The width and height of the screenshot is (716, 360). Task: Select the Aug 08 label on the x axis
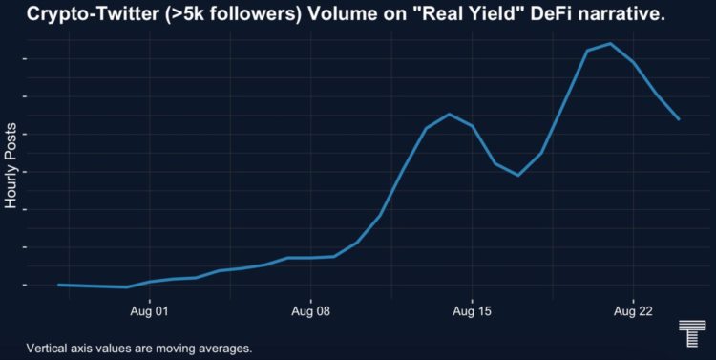pyautogui.click(x=310, y=311)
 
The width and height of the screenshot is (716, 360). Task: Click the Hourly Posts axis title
pyautogui.click(x=11, y=166)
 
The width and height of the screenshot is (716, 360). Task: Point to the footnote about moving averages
pyautogui.click(x=139, y=348)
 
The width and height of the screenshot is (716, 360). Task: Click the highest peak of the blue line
pyautogui.click(x=610, y=44)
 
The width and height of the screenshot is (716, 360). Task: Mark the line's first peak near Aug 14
pyautogui.click(x=449, y=115)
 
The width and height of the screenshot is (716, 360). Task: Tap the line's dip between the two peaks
pyautogui.click(x=518, y=175)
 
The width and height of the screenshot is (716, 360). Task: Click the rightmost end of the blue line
pyautogui.click(x=679, y=119)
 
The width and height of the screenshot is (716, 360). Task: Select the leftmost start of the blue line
pyautogui.click(x=58, y=285)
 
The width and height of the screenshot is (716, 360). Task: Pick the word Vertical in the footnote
pyautogui.click(x=49, y=348)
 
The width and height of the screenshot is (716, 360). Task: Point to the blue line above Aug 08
pyautogui.click(x=310, y=257)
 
